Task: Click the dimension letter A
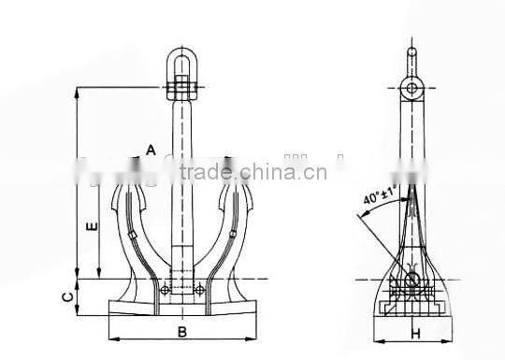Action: coord(150,149)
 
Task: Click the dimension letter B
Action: coord(183,331)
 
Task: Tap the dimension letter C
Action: coord(64,297)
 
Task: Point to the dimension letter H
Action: coord(411,331)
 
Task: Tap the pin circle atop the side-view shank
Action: coord(411,89)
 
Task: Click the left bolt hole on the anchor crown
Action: coord(165,291)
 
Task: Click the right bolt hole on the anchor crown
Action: coord(199,291)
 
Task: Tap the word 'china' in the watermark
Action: coord(265,171)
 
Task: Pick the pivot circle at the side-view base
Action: coord(411,281)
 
